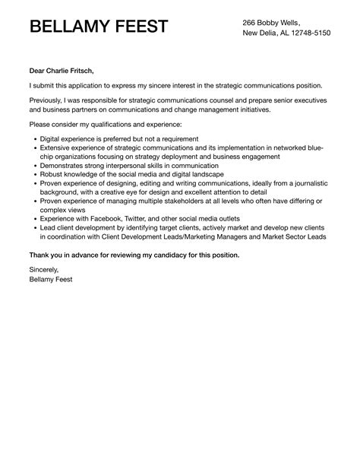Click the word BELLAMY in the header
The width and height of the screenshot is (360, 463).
(71, 28)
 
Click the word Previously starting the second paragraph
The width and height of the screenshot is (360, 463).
(49, 100)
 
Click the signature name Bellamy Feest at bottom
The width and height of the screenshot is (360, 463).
(52, 279)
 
